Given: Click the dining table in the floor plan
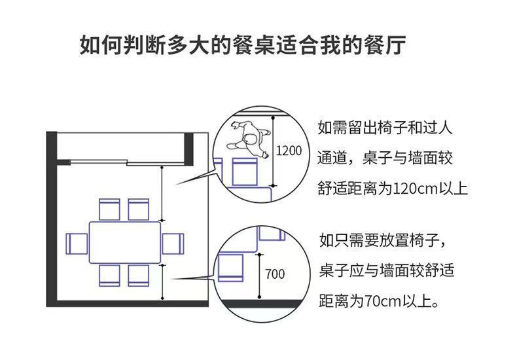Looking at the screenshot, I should coord(124,242).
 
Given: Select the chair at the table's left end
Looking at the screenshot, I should coord(77,243).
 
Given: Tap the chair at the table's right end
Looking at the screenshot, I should coord(172,243).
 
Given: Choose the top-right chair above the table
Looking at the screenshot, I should coord(139,209).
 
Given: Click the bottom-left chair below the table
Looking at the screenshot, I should coord(109,275).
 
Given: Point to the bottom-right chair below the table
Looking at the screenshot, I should coord(139,275).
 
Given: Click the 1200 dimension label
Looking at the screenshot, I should coord(288,151).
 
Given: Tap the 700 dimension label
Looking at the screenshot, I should coord(275,274).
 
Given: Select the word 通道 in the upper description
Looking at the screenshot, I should coord(332,158).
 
